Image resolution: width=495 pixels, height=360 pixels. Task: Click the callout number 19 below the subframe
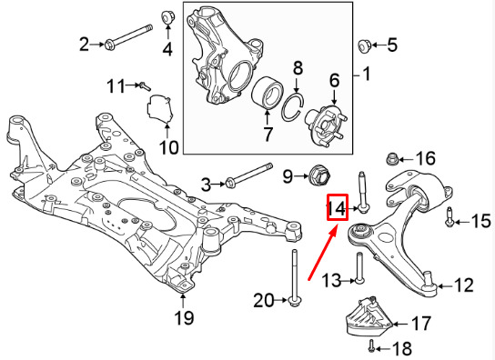184,317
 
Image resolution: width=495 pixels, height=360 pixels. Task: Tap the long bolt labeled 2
128,36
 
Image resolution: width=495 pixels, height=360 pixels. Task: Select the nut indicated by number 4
167,16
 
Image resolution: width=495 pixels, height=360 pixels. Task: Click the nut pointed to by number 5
365,46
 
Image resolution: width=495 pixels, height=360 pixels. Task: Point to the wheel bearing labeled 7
268,94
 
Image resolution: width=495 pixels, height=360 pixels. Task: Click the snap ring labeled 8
293,107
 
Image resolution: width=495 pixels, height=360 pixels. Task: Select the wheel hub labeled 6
326,125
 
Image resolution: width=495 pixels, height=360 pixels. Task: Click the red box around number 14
338,207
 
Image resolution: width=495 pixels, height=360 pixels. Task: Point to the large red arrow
324,252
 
